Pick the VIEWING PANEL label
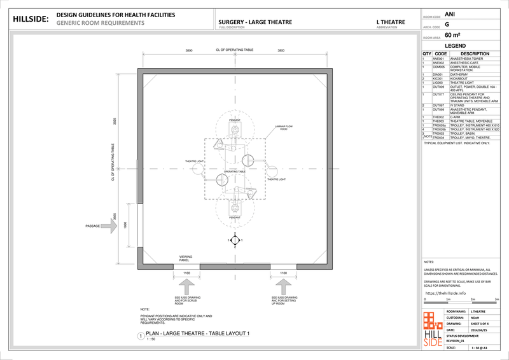[185, 259]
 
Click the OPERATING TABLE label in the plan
[234, 172]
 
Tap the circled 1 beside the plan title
[141, 336]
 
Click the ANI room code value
[450, 14]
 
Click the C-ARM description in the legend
[457, 117]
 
